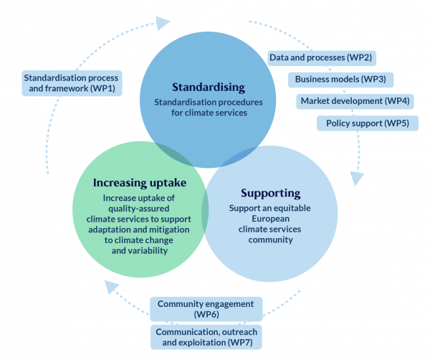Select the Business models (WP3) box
coord(340,79)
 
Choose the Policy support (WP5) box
coord(367,123)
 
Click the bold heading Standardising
coord(208,87)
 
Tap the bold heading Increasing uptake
coord(135,183)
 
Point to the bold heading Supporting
coord(270,194)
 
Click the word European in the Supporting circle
coord(270,218)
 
